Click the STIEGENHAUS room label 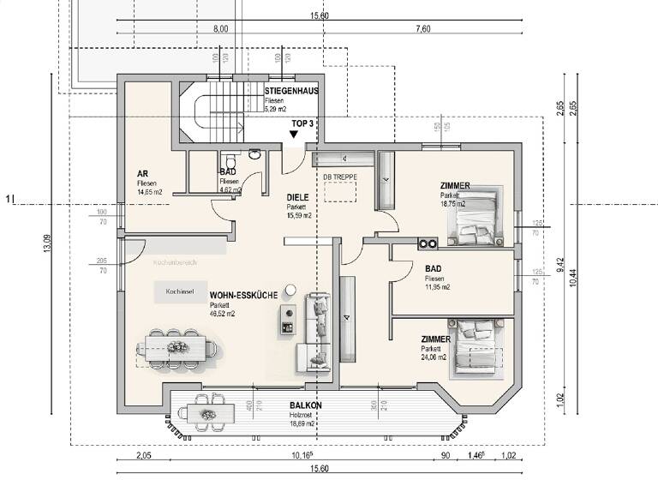pyautogui.click(x=291, y=91)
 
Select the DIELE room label pyautogui.click(x=297, y=196)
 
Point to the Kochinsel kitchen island pyautogui.click(x=179, y=291)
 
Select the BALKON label pyautogui.click(x=305, y=405)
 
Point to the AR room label pyautogui.click(x=141, y=174)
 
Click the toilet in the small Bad pyautogui.click(x=229, y=160)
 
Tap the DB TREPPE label pyautogui.click(x=338, y=177)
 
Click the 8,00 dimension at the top pyautogui.click(x=220, y=29)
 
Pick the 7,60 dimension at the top pyautogui.click(x=422, y=29)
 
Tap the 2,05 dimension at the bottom pyautogui.click(x=143, y=457)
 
